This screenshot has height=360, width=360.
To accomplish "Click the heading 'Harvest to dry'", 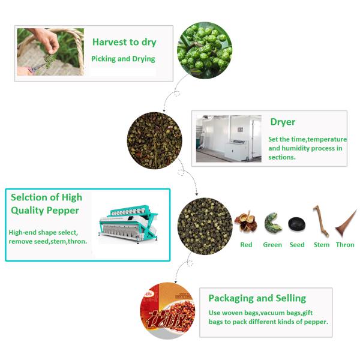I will (x=124, y=42).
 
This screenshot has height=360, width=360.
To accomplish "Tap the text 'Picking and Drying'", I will (x=123, y=59).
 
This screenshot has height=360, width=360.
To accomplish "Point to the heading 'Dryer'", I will (x=283, y=122).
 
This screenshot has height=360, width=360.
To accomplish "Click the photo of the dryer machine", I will (x=229, y=138).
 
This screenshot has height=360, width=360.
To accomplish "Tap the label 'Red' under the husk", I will (x=246, y=245).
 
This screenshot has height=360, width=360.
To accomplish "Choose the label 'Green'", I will (x=272, y=245).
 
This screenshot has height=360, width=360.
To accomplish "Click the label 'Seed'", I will (x=297, y=245).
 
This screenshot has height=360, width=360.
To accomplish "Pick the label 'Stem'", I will (x=322, y=245).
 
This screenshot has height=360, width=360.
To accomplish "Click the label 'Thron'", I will (x=345, y=245).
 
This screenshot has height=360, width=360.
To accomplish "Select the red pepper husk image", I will (x=245, y=222).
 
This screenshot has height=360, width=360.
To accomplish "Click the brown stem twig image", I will (x=320, y=221).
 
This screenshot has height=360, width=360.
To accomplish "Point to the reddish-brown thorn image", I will (x=346, y=221).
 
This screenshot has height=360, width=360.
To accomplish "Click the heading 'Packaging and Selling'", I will (x=257, y=298).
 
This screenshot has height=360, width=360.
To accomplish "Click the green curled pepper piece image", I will (x=272, y=223).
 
